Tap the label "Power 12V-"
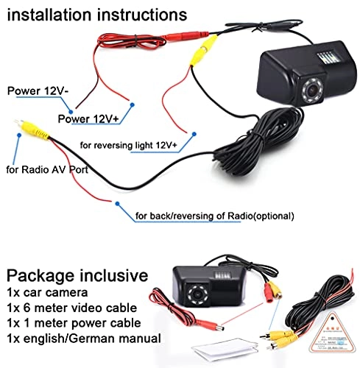[x=36, y=92]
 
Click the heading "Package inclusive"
[x=77, y=277]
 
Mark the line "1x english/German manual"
[x=83, y=339]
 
